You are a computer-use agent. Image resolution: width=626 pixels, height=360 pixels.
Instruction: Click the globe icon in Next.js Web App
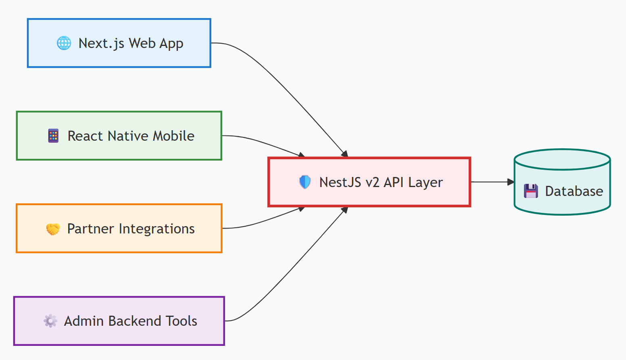tap(64, 43)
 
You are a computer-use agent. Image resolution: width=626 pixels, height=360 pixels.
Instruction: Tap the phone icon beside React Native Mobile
tap(53, 136)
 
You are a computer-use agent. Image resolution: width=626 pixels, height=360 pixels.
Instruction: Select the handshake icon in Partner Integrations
tap(53, 229)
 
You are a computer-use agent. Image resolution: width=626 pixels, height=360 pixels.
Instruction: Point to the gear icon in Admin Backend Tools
tap(50, 321)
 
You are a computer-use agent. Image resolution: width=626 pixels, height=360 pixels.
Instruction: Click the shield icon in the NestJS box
tap(305, 182)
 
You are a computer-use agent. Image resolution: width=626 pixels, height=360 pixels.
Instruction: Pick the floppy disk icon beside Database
tap(531, 191)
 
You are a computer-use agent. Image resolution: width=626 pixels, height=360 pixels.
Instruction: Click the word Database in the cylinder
tap(574, 191)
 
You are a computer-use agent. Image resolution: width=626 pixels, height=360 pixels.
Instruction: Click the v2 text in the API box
tap(372, 182)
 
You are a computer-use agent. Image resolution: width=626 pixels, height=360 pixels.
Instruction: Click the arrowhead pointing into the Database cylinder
tap(511, 182)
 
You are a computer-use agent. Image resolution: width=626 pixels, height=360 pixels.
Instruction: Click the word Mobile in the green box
tap(173, 136)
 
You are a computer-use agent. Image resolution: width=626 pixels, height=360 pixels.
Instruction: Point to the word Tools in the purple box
tap(182, 321)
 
